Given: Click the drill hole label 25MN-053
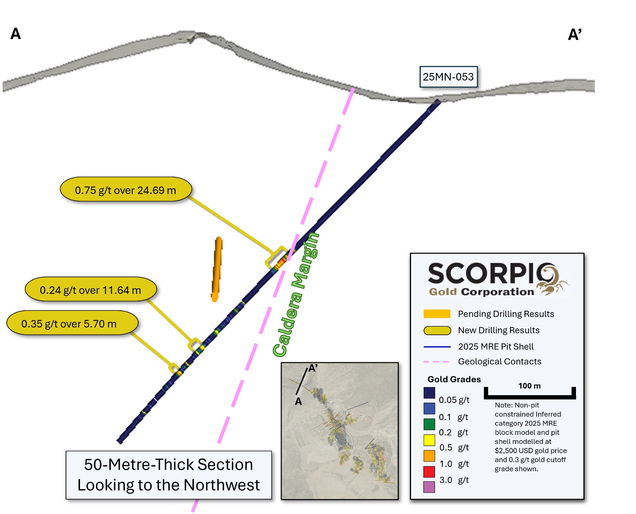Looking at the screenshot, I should [x=448, y=77].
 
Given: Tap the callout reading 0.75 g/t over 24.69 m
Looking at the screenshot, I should [x=126, y=190].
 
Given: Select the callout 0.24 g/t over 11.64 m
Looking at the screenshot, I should [x=90, y=290].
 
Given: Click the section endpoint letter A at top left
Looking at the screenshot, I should [x=16, y=34].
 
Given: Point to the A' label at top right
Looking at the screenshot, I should [x=574, y=35].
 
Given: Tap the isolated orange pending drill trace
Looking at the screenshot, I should [x=217, y=269].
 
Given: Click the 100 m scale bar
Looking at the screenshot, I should [x=530, y=396].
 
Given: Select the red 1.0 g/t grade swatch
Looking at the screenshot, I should [x=429, y=472].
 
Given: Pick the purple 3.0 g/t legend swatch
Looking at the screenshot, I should [x=429, y=487].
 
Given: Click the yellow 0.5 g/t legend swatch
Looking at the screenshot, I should [x=429, y=440].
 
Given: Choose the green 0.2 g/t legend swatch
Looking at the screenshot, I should [x=429, y=424].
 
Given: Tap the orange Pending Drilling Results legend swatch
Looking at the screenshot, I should [x=437, y=314].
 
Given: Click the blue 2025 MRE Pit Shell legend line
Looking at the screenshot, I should [x=437, y=347].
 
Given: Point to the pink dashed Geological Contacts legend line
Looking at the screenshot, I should [x=436, y=361].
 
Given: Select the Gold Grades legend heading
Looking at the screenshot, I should [x=454, y=379].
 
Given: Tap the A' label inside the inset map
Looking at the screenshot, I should [x=313, y=368].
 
